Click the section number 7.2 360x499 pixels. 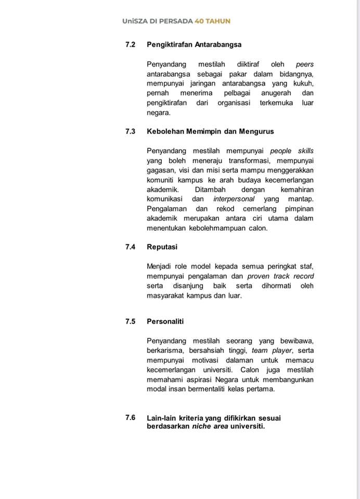point(130,45)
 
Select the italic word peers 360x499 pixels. point(304,64)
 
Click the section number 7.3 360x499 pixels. point(130,132)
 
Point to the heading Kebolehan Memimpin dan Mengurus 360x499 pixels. point(210,132)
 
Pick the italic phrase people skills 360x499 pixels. point(292,151)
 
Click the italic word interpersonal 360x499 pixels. point(234,199)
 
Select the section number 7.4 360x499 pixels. point(130,247)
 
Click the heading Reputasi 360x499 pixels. point(162,247)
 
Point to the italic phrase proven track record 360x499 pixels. point(280,276)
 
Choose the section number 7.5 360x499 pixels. point(130,321)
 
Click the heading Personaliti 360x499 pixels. point(165,321)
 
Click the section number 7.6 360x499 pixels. point(130,417)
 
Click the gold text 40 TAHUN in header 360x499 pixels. point(212,21)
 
